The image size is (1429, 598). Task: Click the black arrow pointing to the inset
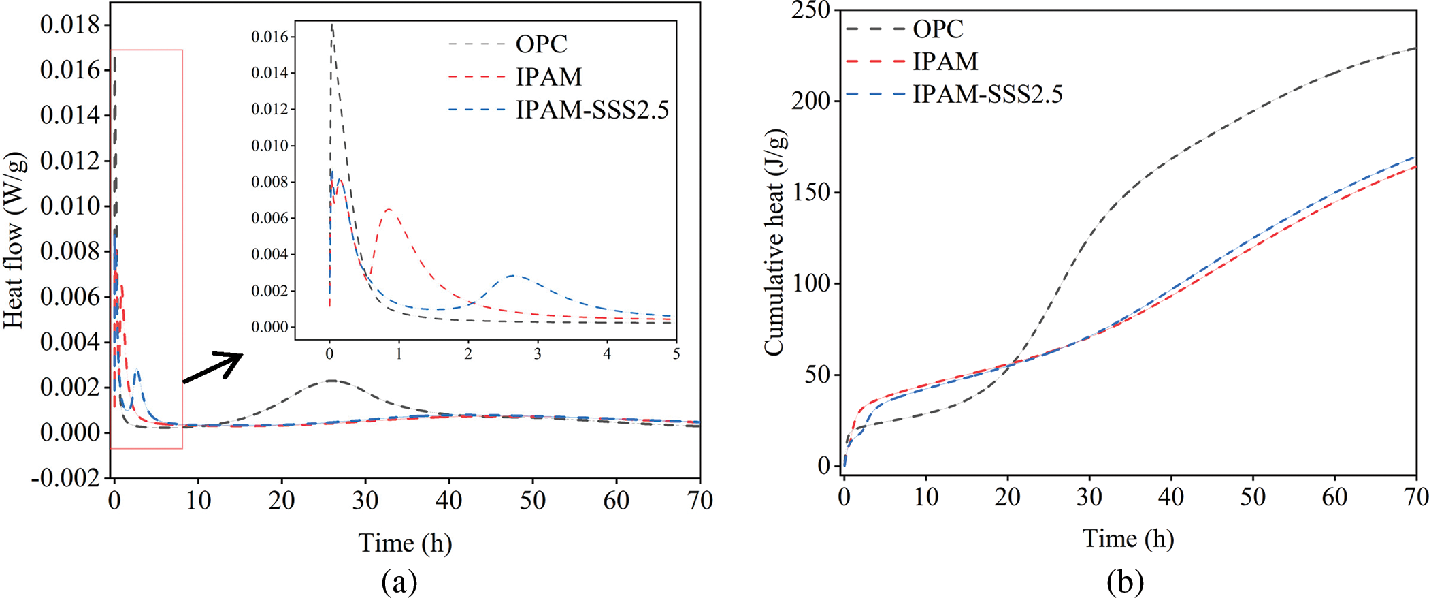click(x=213, y=367)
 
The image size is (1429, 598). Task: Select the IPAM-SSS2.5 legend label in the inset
click(x=592, y=110)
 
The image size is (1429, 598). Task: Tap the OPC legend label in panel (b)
click(x=938, y=29)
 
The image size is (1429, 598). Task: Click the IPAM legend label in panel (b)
click(x=945, y=62)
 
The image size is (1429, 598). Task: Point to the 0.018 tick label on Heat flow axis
click(x=70, y=25)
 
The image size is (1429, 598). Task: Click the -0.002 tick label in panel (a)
click(x=65, y=478)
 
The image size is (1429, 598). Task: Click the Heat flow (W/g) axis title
click(x=14, y=240)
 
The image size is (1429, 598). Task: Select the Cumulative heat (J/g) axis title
click(x=775, y=242)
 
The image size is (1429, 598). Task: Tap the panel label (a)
click(x=399, y=582)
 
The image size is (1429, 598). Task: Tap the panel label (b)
click(x=1125, y=582)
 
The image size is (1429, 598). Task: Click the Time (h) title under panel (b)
click(x=1128, y=539)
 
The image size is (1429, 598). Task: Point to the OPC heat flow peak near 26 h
click(x=331, y=381)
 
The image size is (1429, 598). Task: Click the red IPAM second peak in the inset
click(x=389, y=209)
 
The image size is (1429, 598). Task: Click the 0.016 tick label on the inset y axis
click(x=270, y=37)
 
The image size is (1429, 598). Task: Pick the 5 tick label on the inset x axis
click(x=676, y=354)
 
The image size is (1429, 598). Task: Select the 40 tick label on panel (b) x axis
click(x=1171, y=497)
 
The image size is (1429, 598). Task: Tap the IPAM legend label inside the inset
click(x=548, y=77)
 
